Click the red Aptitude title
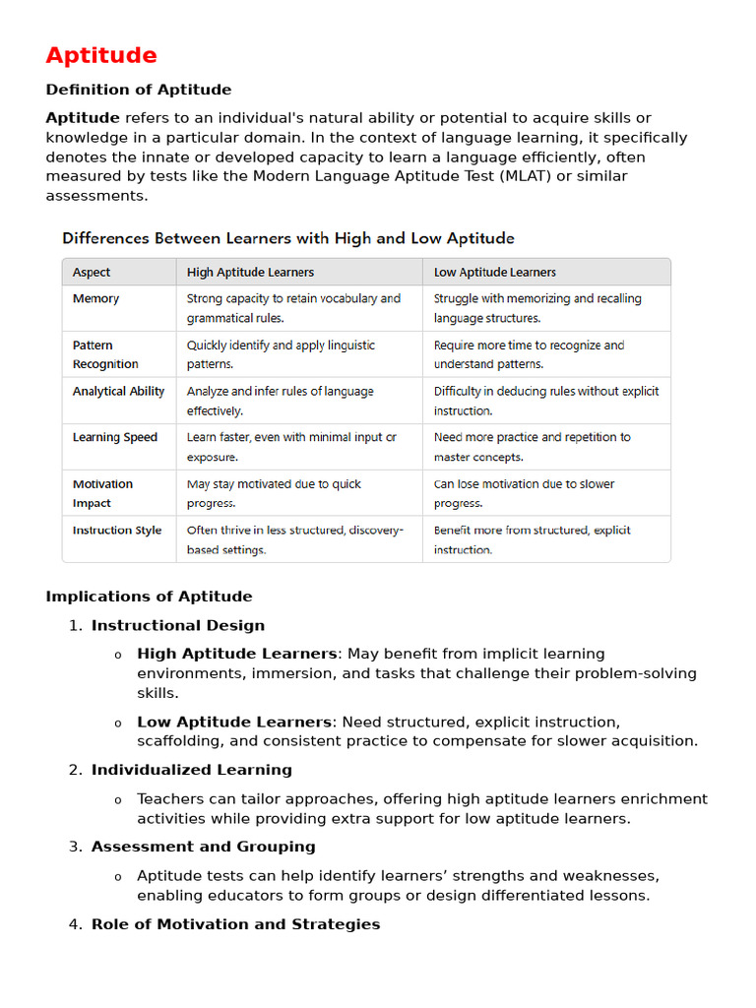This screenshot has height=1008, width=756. click(x=101, y=55)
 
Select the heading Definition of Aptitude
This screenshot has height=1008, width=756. click(x=139, y=90)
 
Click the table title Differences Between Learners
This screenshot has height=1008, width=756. click(x=288, y=238)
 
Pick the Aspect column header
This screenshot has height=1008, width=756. click(x=92, y=273)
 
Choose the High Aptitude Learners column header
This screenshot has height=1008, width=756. click(x=250, y=273)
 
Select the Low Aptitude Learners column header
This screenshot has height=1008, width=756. click(x=494, y=273)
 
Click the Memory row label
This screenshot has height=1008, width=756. click(x=95, y=298)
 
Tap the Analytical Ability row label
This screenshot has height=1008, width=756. click(x=118, y=392)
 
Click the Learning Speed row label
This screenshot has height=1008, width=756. click(x=114, y=437)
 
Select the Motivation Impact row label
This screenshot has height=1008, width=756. click(x=102, y=493)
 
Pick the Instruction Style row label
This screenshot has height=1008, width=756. click(x=116, y=531)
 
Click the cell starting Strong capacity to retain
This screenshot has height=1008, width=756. click(x=293, y=308)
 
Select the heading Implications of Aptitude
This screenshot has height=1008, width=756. click(x=149, y=597)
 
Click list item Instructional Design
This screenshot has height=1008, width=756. click(x=178, y=625)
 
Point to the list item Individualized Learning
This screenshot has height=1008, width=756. click(x=191, y=770)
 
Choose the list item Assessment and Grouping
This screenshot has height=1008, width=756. click(x=203, y=847)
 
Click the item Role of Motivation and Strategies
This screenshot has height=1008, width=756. click(x=235, y=924)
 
